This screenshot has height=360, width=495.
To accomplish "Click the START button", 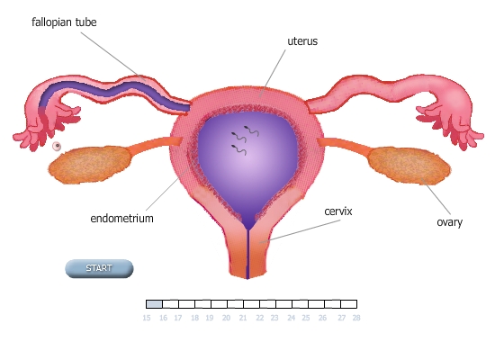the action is click(99, 268).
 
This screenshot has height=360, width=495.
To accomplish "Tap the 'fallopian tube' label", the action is click(64, 22).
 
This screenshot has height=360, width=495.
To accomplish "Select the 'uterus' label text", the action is click(302, 41).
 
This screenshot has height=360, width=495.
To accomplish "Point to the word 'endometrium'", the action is click(121, 218).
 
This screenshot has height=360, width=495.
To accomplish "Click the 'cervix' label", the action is click(338, 211).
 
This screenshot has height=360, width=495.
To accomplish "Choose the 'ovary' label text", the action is click(449, 222).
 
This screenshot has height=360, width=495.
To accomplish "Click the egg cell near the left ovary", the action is click(57, 146).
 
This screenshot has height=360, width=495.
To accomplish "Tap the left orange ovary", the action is click(90, 165).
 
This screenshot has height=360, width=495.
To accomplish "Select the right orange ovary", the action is click(409, 166).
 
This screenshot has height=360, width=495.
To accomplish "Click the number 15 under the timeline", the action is click(147, 318).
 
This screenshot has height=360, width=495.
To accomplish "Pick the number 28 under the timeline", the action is click(356, 318).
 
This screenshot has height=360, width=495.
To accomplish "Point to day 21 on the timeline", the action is click(243, 318).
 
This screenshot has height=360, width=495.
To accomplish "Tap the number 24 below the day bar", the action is click(291, 318).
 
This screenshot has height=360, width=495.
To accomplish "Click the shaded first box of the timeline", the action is click(155, 304).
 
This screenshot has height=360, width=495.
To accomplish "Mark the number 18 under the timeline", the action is click(194, 318).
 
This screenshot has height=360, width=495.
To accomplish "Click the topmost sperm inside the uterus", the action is click(252, 130).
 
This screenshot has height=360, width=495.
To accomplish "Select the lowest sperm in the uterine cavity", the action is click(238, 149).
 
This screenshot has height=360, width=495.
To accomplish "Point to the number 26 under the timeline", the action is click(322, 318).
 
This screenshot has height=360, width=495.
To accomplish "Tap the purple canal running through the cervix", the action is click(247, 253).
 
